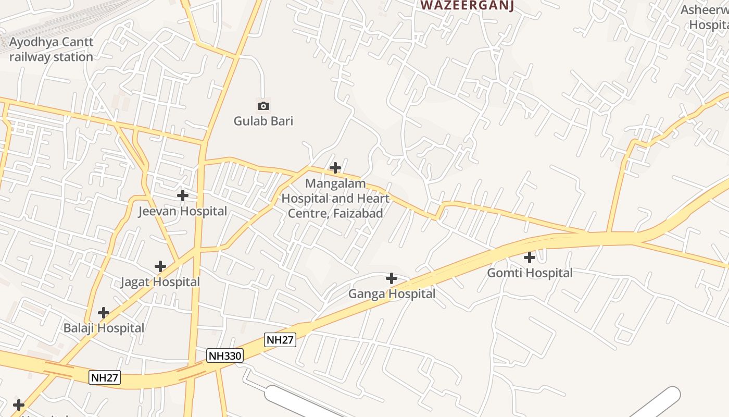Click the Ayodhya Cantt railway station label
[51, 50]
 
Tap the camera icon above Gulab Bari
[263, 106]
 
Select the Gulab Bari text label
[263, 121]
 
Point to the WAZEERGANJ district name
[468, 6]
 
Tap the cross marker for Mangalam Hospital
[336, 168]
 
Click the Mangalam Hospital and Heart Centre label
[335, 199]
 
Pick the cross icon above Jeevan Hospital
[182, 195]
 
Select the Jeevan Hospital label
[182, 212]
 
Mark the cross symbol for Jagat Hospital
[160, 266]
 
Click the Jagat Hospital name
[160, 283]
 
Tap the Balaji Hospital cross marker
[104, 313]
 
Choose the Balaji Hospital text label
[104, 328]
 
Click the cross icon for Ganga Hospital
[392, 278]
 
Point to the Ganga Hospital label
[392, 294]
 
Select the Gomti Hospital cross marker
[530, 257]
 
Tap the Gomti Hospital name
[530, 273]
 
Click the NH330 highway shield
[225, 356]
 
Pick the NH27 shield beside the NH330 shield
[280, 340]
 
